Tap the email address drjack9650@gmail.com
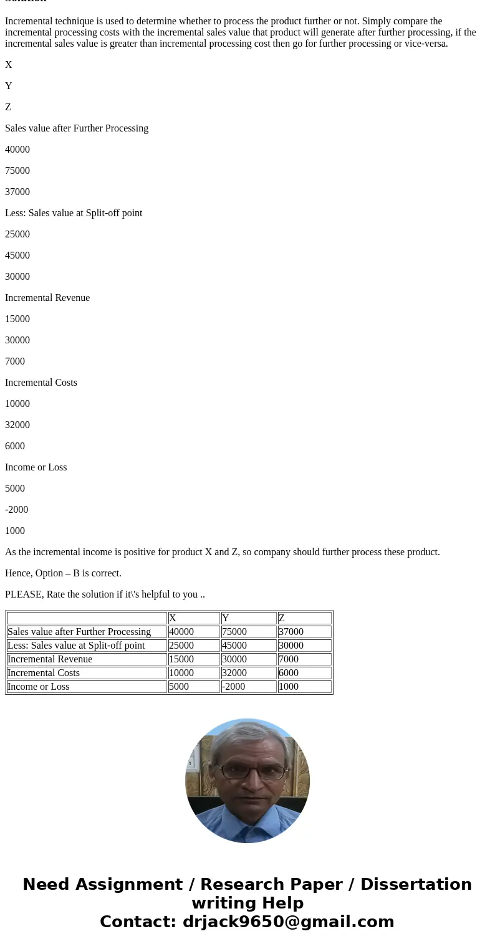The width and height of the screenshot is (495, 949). [288, 922]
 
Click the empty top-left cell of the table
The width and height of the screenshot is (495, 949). [87, 618]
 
